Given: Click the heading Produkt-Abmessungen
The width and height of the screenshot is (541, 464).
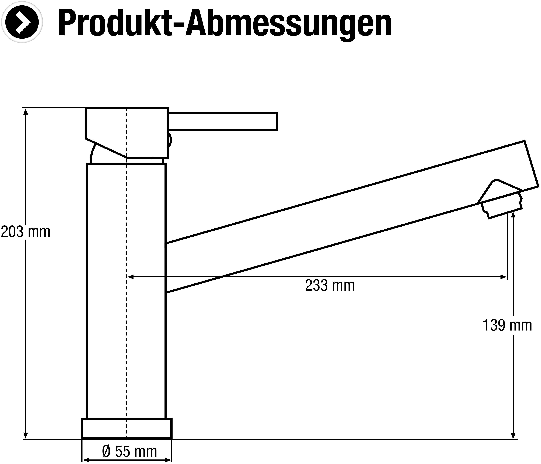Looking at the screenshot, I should coord(225,23).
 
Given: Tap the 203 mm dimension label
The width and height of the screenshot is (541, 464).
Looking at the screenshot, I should coord(26,232).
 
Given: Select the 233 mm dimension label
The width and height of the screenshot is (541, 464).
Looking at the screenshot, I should coord(330,285).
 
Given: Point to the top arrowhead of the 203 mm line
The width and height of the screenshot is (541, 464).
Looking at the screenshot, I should coord(26,112).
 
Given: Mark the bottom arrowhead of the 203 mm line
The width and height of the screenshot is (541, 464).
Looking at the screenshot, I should coord(26,435).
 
